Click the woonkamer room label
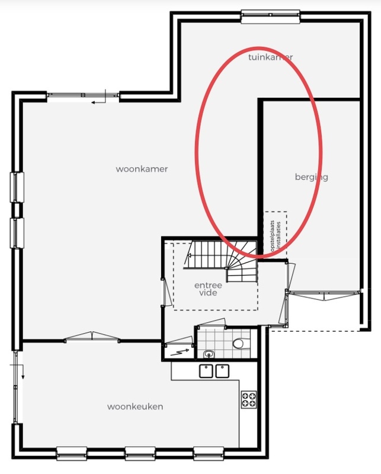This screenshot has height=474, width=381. pyautogui.click(x=142, y=169)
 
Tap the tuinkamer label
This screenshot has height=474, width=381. pyautogui.click(x=270, y=57)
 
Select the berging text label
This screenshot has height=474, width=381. pyautogui.click(x=312, y=177)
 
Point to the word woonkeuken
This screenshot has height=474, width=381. pyautogui.click(x=135, y=406)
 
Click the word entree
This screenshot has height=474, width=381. pyautogui.click(x=208, y=285)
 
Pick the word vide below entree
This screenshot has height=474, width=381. pyautogui.click(x=208, y=293)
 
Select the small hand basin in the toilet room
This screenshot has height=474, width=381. pyautogui.click(x=209, y=354)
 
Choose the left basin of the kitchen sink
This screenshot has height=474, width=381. pyautogui.click(x=206, y=371)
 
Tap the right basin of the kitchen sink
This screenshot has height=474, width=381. pyautogui.click(x=222, y=371)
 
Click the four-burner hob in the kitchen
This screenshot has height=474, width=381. pyautogui.click(x=249, y=399)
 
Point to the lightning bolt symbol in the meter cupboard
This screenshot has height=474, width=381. pyautogui.click(x=180, y=352)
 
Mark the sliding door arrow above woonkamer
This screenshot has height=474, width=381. pyautogui.click(x=98, y=103)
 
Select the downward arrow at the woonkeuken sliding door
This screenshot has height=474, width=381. pyautogui.click(x=23, y=372)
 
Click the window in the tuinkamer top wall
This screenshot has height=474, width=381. pyautogui.click(x=271, y=16)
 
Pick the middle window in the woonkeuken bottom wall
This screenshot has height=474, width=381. pyautogui.click(x=140, y=453)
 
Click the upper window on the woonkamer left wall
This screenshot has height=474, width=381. pyautogui.click(x=17, y=187)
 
